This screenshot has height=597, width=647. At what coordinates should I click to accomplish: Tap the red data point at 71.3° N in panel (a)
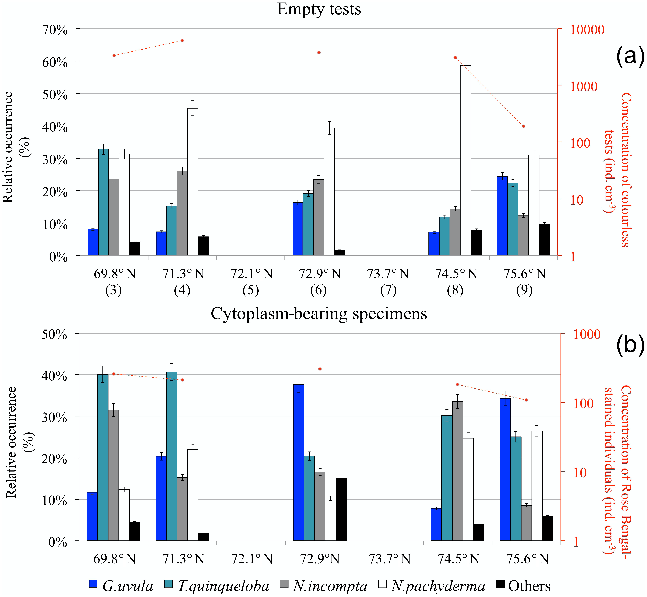182,40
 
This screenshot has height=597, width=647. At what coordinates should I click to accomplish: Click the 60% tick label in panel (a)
55,62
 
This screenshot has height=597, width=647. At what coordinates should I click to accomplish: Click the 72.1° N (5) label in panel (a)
251,282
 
